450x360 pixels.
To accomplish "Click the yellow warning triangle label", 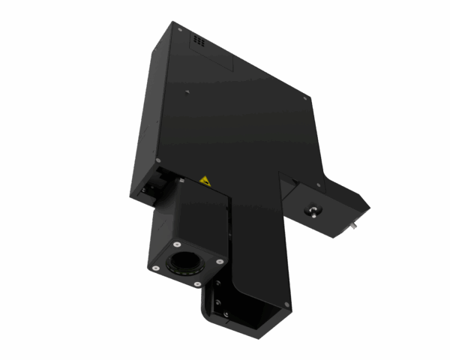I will [204, 181].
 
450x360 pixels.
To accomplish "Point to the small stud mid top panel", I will [187, 94].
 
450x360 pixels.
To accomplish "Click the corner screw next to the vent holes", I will [180, 27].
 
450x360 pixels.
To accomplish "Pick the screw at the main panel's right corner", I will [306, 97].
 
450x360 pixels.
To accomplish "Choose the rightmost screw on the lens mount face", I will [220, 261].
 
